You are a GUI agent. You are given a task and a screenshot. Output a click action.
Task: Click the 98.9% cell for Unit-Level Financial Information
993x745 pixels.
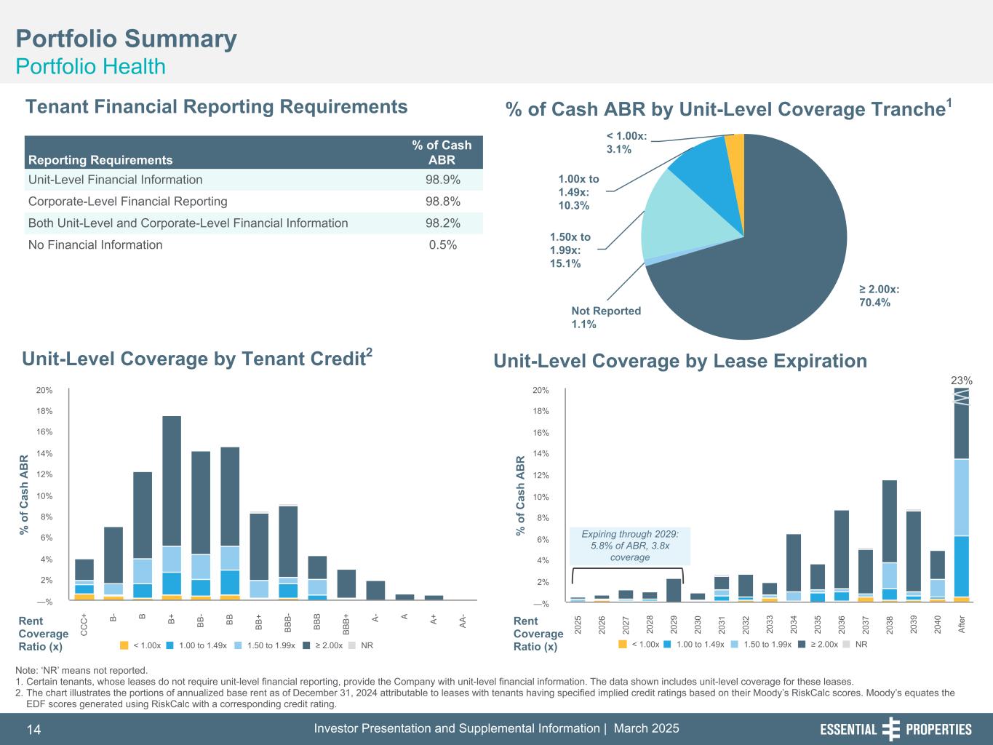click(x=442, y=180)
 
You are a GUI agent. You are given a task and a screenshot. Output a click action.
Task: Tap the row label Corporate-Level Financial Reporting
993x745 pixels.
click(x=127, y=202)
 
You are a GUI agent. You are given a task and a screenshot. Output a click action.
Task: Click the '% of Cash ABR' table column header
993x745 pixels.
click(x=442, y=153)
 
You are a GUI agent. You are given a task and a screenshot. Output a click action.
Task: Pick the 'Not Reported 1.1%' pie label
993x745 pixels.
click(x=605, y=317)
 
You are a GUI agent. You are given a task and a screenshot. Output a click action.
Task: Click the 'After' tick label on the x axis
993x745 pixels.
click(x=962, y=624)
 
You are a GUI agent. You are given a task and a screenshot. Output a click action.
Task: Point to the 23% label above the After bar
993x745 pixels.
click(x=962, y=380)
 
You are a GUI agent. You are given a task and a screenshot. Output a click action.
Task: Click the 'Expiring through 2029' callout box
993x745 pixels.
click(x=629, y=546)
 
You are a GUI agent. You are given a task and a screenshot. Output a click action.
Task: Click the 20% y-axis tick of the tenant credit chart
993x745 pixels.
click(x=44, y=391)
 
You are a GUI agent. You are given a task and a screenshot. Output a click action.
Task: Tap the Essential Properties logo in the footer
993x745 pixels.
click(x=896, y=729)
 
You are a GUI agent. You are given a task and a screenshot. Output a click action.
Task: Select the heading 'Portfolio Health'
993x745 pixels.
click(x=91, y=67)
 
